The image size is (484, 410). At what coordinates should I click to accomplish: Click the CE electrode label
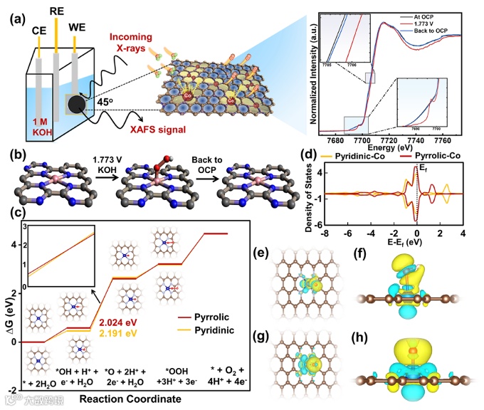pyautogui.click(x=40, y=31)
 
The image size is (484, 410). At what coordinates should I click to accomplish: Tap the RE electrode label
pyautogui.click(x=59, y=12)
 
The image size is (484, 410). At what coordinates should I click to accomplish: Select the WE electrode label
pyautogui.click(x=78, y=28)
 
